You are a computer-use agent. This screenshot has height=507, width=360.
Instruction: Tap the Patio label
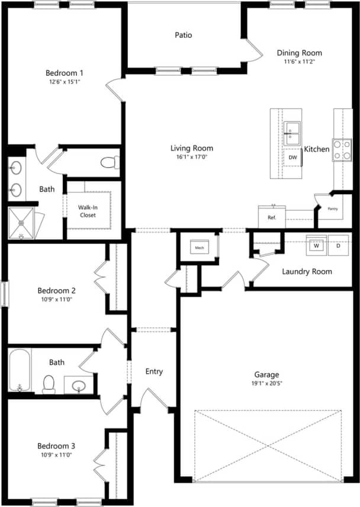[x=183, y=35]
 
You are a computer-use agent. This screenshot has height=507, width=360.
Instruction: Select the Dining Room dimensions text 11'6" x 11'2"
[x=300, y=62]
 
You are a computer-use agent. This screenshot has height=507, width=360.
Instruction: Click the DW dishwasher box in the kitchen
[x=292, y=158]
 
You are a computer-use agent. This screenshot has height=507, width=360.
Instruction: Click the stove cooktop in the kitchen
[x=342, y=149]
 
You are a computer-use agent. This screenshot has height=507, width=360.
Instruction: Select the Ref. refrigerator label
[x=272, y=217]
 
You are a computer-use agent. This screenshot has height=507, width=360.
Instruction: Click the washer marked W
[x=316, y=245]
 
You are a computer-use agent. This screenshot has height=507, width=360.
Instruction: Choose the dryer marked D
[x=339, y=245]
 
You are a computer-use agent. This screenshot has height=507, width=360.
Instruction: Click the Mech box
[x=200, y=248]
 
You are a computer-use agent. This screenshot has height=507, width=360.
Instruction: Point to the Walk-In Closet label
[x=88, y=211]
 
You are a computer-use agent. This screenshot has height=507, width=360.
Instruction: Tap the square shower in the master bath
[x=22, y=223]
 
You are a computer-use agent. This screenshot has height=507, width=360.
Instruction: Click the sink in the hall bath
[x=79, y=387]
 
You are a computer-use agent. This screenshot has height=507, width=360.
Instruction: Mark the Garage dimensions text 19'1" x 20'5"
[x=266, y=383]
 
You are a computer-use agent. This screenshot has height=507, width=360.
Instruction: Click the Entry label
[x=154, y=371]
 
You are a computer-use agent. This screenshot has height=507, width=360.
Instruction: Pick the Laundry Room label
[x=307, y=272]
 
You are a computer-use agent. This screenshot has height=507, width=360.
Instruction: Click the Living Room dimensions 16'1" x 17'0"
[x=191, y=158]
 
